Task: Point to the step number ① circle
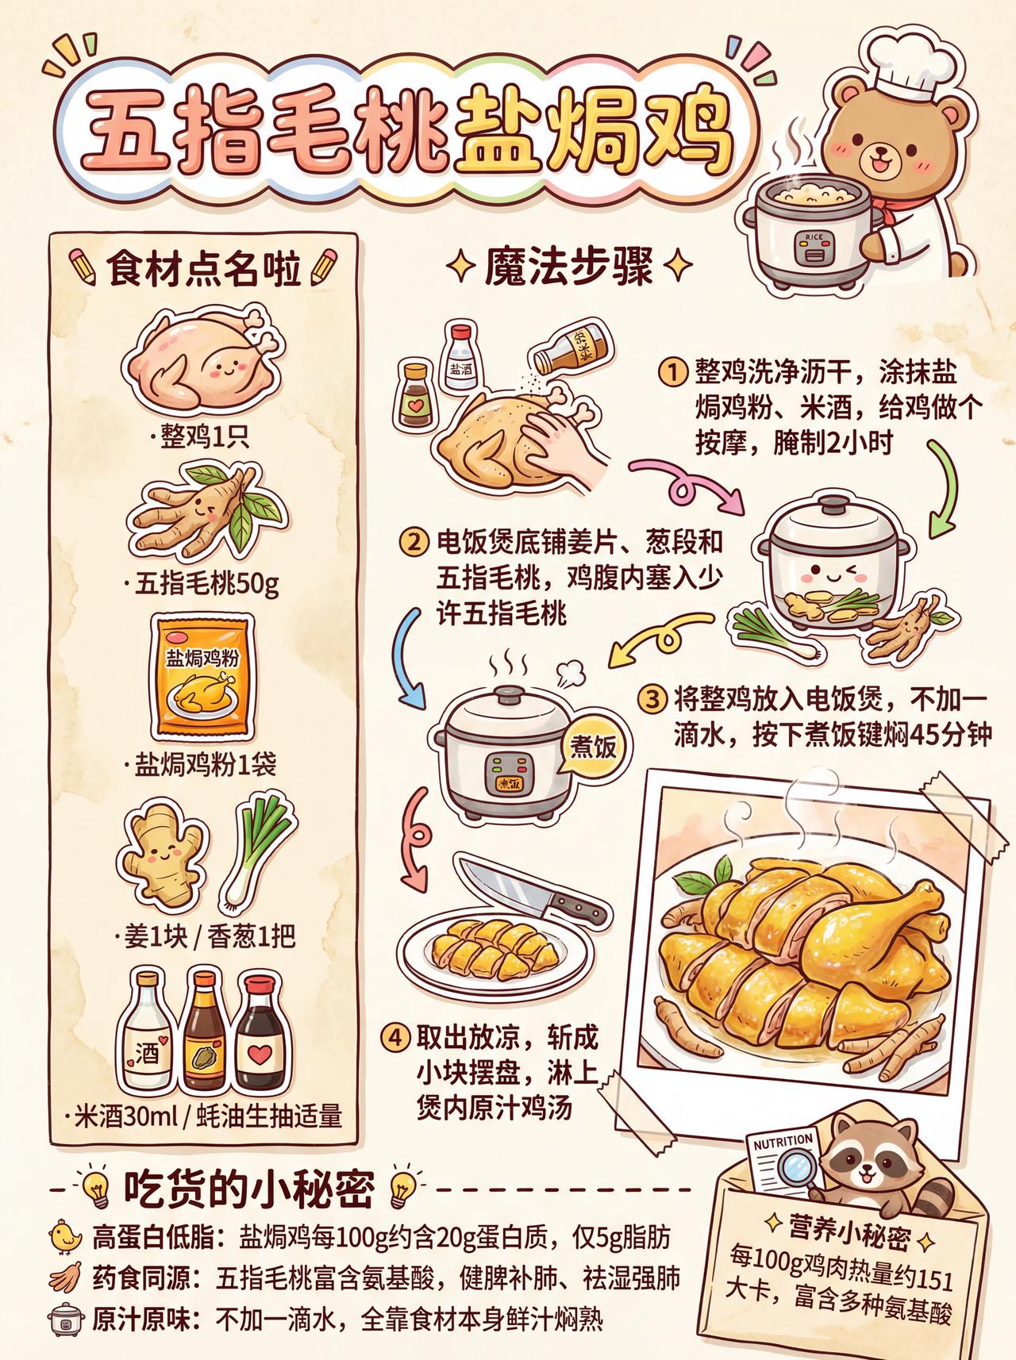point(672,371)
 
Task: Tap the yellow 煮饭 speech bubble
point(593,747)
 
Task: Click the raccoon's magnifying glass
point(795,1167)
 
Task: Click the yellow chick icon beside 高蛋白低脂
point(64,1237)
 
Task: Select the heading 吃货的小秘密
point(249,1189)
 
